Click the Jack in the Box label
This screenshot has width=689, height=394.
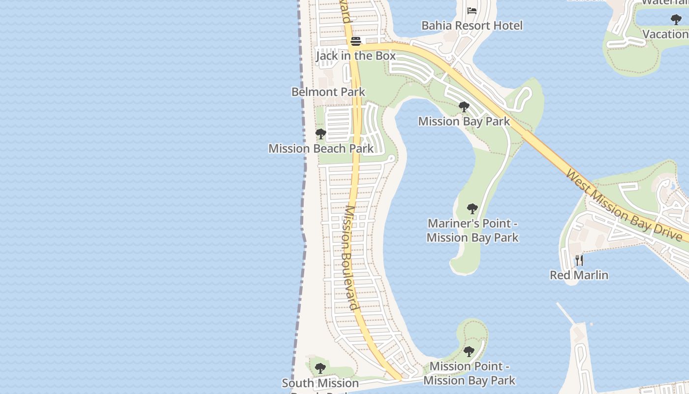355,56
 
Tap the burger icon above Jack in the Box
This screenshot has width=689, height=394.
356,41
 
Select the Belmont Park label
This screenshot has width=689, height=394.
328,92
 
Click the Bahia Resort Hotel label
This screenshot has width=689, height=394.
472,26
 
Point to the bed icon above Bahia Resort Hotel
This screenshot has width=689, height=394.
472,10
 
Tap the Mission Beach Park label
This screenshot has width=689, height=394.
321,148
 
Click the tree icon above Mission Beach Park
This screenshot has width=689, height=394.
321,133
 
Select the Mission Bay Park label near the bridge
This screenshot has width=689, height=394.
464,121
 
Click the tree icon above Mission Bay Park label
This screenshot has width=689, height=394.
464,107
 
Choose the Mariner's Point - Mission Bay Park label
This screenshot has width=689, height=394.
472,230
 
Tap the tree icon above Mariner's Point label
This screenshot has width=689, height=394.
472,209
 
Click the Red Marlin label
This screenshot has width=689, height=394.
579,275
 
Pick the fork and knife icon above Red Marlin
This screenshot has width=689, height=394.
579,260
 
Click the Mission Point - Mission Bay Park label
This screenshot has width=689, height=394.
469,373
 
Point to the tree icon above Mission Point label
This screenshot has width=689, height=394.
469,352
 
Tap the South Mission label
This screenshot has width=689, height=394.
320,383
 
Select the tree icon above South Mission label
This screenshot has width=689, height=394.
320,368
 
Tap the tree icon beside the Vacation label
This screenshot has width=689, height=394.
676,20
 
